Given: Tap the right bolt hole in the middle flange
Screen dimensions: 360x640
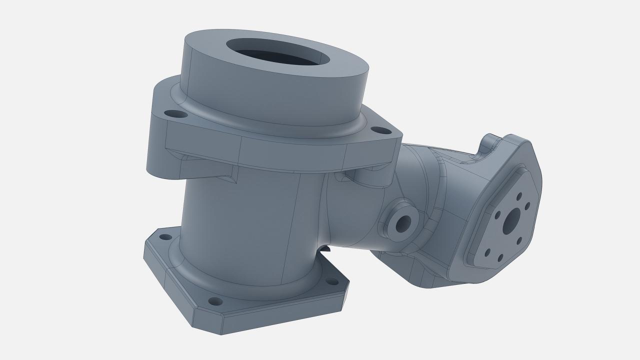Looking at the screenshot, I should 381,130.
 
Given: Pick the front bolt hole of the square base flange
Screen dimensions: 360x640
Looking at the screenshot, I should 214,301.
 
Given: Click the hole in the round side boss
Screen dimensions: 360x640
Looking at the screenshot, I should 403,224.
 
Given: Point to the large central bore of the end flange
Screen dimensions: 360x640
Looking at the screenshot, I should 511,221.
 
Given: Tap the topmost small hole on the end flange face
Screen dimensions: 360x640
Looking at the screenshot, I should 519,196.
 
